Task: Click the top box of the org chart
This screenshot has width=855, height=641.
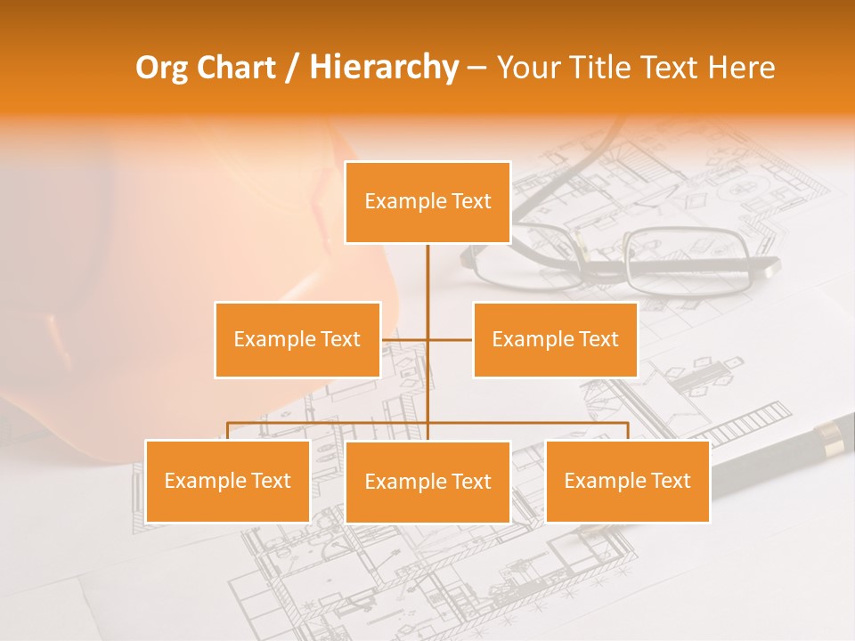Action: (x=427, y=202)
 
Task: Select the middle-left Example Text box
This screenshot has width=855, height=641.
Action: (x=297, y=339)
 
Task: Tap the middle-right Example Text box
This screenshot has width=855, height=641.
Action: (x=555, y=339)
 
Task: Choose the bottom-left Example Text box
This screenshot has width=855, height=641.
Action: (x=227, y=481)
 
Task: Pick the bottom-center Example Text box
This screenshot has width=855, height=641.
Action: (x=427, y=482)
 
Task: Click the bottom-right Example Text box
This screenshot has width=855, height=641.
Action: (x=627, y=481)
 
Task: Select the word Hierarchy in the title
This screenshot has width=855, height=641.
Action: (x=384, y=68)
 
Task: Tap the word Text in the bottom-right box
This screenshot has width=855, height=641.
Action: (x=671, y=481)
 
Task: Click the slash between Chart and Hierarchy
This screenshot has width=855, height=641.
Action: (x=291, y=68)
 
